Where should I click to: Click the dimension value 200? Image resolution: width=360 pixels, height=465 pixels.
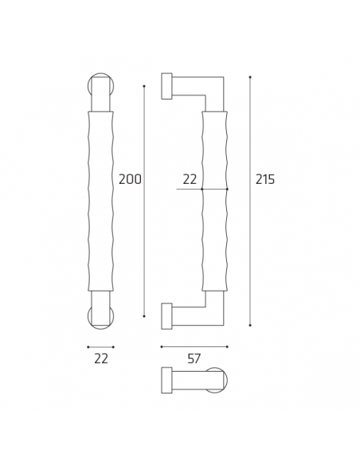click(x=130, y=180)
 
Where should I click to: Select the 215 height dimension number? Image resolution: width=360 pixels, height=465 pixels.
click(x=264, y=180)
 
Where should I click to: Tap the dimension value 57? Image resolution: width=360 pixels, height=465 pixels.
click(x=194, y=359)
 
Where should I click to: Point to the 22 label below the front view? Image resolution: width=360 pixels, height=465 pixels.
click(x=100, y=359)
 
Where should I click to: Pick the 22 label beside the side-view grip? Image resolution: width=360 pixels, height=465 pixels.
click(x=190, y=180)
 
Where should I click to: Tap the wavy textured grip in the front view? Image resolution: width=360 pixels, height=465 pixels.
click(x=100, y=201)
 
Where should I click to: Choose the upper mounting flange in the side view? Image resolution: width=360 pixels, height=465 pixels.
click(x=166, y=86)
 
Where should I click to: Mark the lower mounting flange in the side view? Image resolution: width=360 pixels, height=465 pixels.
click(x=166, y=316)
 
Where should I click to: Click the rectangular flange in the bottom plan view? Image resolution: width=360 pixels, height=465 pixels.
click(x=166, y=380)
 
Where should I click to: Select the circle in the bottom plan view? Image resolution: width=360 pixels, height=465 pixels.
click(x=215, y=380)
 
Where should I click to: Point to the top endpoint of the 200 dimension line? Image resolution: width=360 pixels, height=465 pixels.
click(x=144, y=85)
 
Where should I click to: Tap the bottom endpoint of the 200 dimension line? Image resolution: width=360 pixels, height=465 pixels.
click(x=144, y=316)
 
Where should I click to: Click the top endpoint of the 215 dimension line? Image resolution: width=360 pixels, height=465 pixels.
click(x=250, y=77)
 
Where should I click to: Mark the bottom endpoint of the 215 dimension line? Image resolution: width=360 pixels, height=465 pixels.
click(x=250, y=325)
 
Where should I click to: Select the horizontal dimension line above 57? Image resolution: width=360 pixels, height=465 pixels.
click(x=194, y=346)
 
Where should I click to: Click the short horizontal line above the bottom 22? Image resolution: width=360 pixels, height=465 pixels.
click(x=100, y=346)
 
